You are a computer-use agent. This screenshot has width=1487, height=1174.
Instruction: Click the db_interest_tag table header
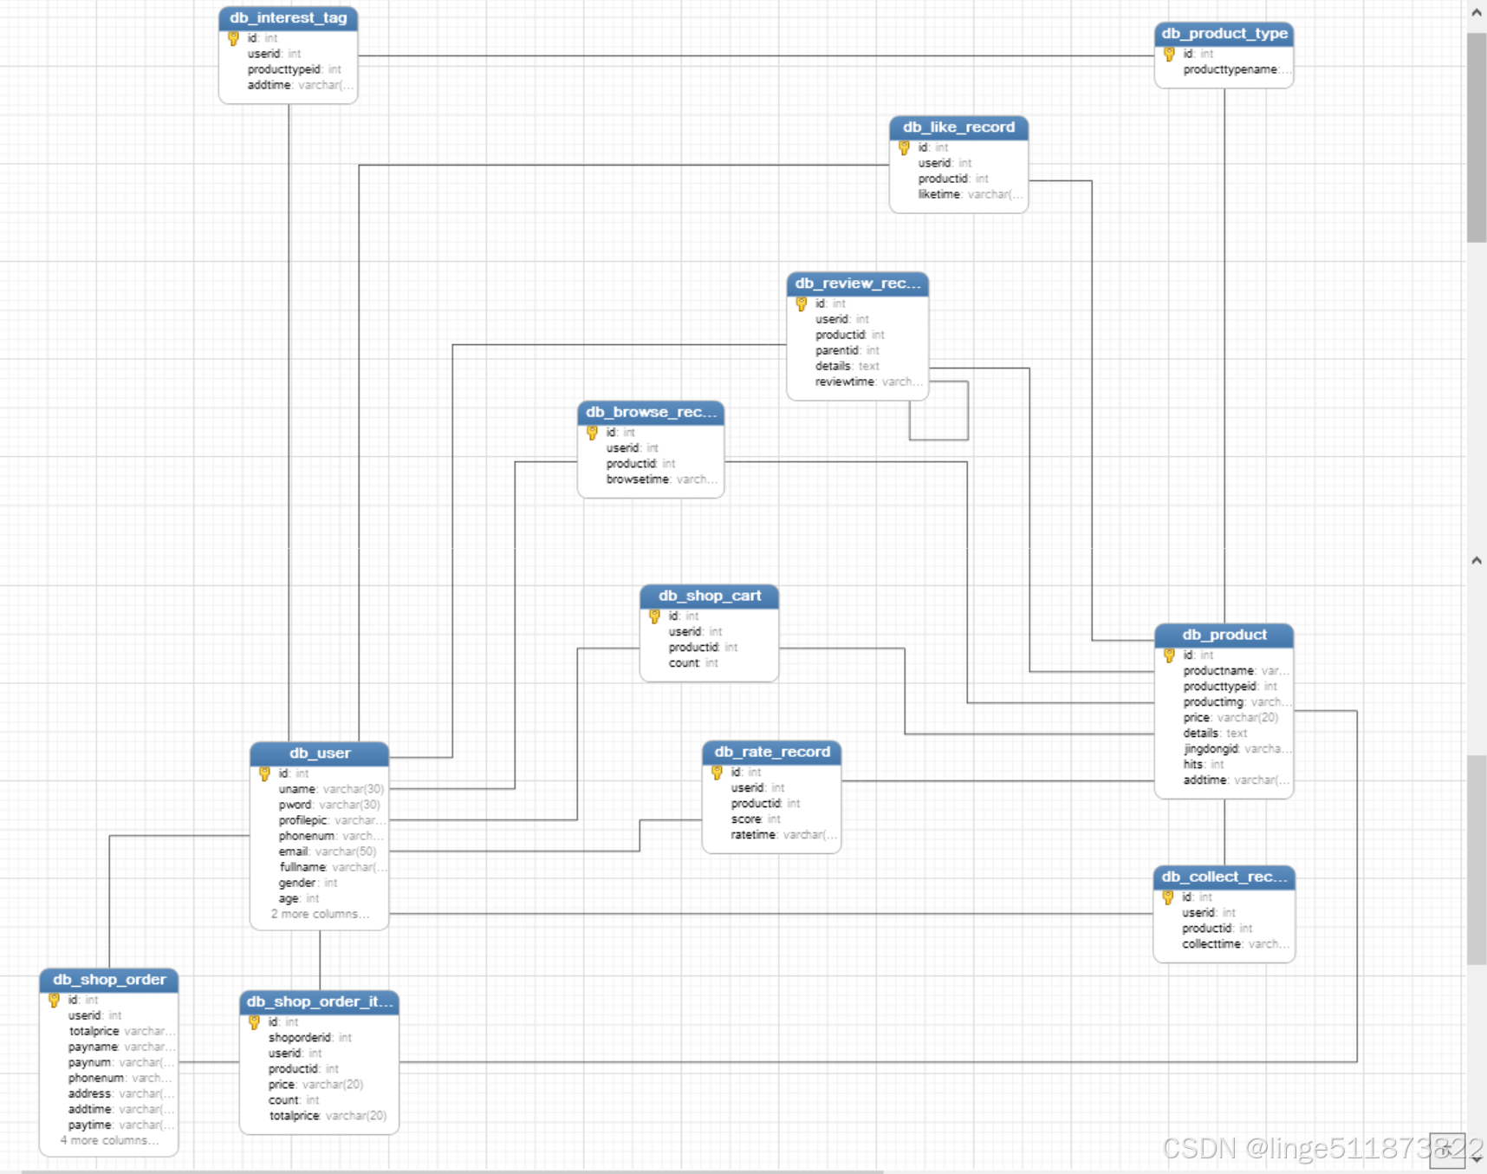(288, 18)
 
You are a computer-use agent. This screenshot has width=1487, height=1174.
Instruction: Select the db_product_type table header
(1224, 34)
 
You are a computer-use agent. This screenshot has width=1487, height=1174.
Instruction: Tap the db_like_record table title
(958, 127)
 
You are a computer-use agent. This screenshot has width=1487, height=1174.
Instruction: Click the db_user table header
(320, 753)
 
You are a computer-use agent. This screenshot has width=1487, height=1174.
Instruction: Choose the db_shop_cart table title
(709, 596)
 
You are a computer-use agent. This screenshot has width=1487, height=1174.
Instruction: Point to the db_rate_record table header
(771, 752)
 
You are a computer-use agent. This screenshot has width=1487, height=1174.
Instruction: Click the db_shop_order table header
(109, 980)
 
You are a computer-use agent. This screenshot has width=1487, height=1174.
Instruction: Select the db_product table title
(1224, 635)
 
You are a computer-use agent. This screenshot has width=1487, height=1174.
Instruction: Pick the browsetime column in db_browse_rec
(638, 479)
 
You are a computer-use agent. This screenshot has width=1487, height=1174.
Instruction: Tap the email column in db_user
(294, 851)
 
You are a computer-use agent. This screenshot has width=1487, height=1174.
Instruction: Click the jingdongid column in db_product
(1211, 749)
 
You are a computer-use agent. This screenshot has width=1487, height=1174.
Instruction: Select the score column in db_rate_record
(746, 819)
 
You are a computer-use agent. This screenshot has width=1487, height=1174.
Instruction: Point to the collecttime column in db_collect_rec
(1211, 944)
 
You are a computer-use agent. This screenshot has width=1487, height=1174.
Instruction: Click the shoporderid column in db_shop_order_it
(300, 1038)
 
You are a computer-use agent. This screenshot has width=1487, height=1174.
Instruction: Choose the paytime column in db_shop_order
(90, 1125)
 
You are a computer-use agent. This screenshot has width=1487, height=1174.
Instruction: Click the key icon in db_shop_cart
(655, 616)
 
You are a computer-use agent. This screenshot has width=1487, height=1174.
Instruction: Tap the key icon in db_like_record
(905, 148)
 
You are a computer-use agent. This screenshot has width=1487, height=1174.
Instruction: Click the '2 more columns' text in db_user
(319, 914)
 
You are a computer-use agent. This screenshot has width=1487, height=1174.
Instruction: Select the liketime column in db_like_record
(939, 194)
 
